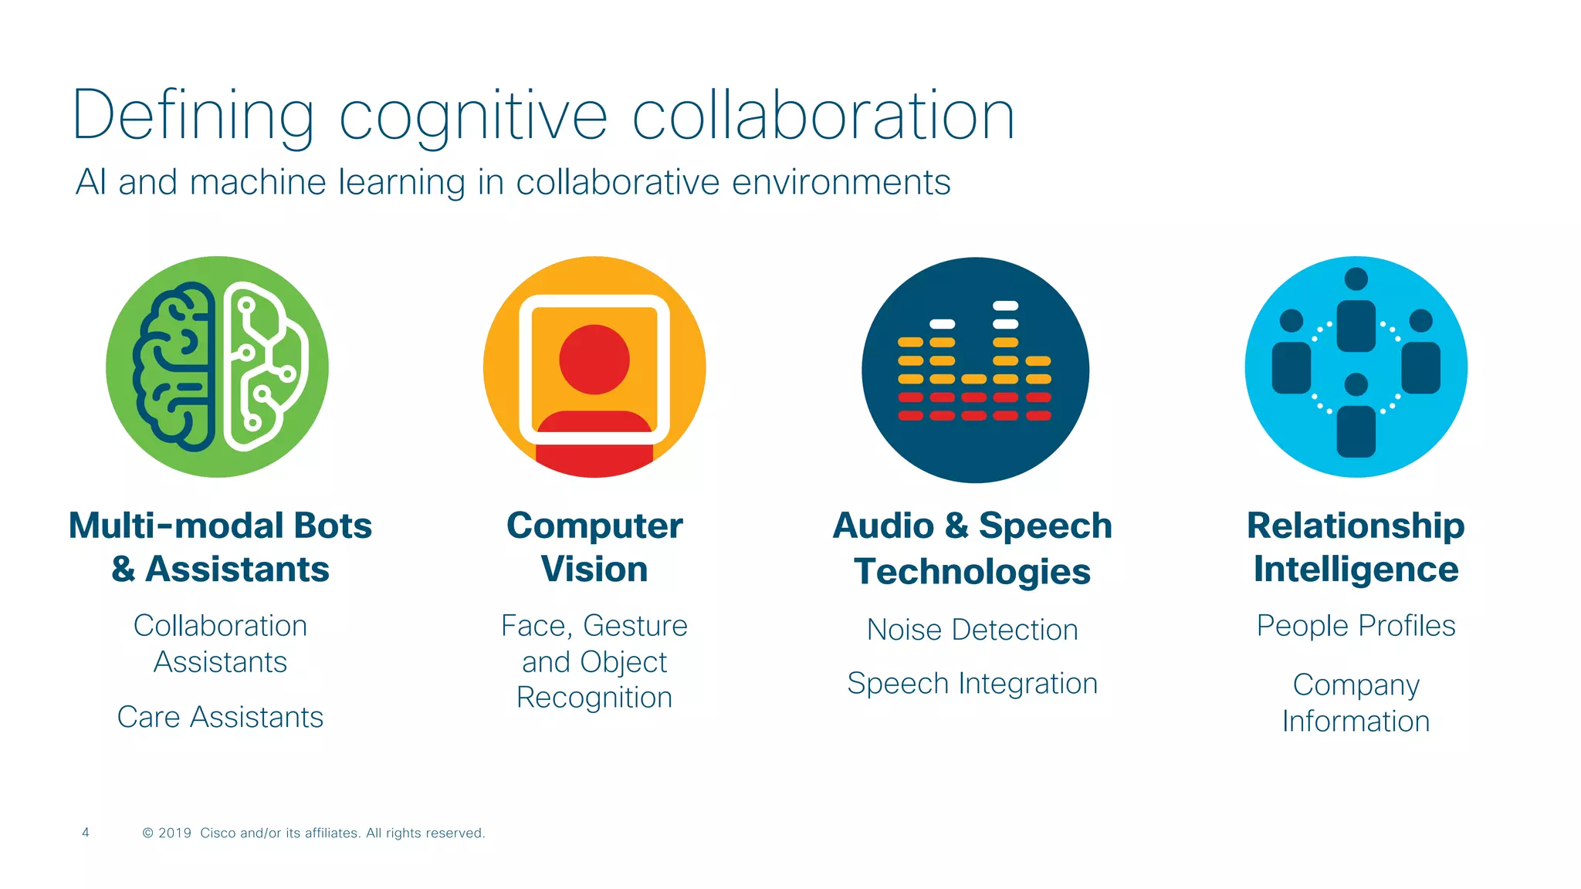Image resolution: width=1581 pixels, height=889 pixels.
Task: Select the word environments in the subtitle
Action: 841,183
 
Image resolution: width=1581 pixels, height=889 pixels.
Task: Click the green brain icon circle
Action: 217,367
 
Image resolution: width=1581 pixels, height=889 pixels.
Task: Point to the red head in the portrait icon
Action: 594,360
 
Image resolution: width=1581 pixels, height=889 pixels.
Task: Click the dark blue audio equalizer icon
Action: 975,370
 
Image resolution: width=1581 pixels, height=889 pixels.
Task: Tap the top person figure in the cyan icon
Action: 1356,313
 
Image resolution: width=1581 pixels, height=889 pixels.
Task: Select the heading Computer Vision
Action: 594,547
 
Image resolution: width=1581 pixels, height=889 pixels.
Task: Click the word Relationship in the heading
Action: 1356,526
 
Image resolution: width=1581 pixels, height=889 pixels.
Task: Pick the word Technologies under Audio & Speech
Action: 972,572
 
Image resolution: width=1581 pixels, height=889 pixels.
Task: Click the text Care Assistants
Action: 220,717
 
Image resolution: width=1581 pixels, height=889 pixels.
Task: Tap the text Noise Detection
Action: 972,630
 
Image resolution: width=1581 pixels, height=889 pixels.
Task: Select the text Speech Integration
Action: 972,684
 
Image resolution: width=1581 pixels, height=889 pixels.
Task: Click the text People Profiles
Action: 1356,626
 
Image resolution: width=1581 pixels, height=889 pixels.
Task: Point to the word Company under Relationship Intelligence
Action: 1356,685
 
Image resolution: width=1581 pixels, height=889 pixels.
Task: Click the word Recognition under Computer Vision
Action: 594,698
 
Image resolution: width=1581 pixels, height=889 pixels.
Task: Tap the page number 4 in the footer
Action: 86,832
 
